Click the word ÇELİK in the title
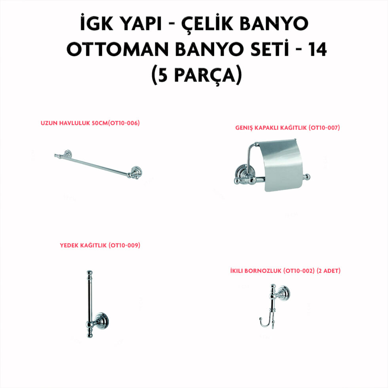click(207, 24)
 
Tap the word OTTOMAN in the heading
click(118, 49)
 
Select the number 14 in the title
click(318, 49)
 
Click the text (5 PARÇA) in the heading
click(197, 75)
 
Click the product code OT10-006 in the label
click(124, 123)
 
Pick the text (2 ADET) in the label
click(329, 271)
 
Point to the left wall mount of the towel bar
click(67, 154)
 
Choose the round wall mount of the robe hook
click(284, 293)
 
